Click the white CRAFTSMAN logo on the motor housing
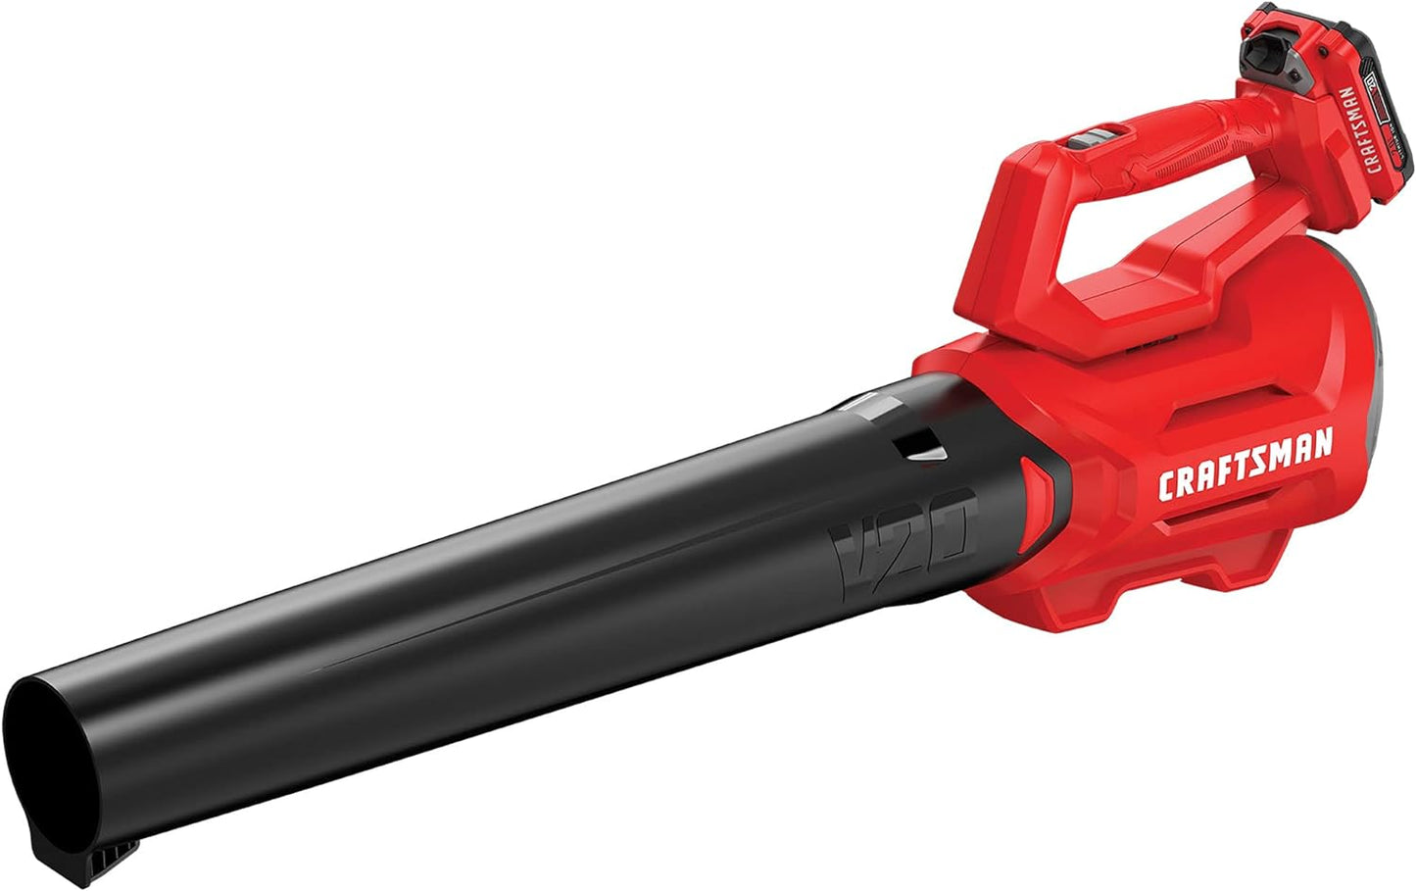coord(1245,467)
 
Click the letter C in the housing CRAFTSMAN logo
coord(1167,485)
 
